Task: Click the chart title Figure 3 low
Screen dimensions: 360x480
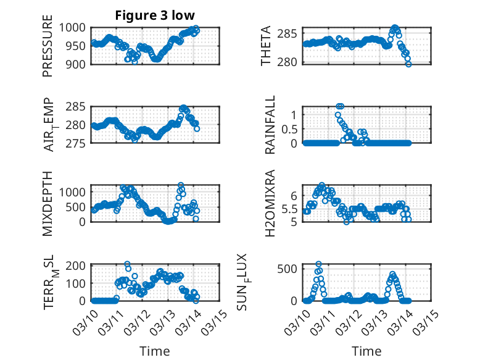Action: point(155,15)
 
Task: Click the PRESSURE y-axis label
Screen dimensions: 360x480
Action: point(48,50)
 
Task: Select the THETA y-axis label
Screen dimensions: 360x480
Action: point(266,46)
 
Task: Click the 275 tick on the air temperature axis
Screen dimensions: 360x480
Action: point(78,143)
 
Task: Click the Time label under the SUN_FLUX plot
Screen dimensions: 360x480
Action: point(366,351)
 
